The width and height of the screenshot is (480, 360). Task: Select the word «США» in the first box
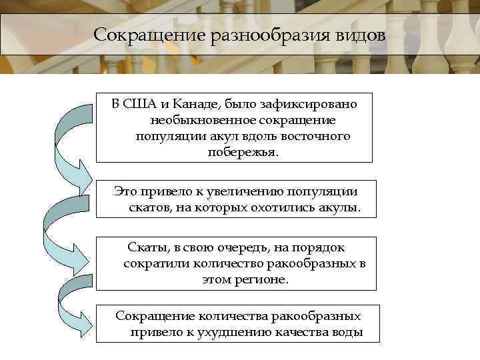(x=140, y=104)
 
